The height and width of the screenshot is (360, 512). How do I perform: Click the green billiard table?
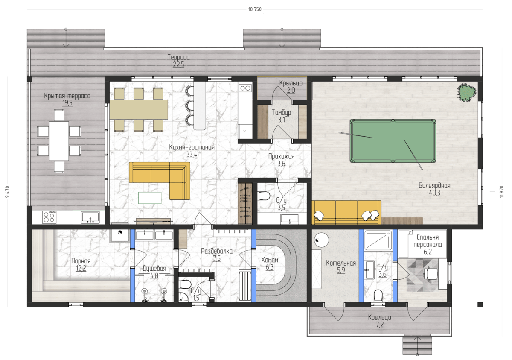click(x=393, y=140)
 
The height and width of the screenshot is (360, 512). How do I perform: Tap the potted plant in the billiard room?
click(x=466, y=92)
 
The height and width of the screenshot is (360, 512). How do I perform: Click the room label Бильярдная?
click(x=434, y=185)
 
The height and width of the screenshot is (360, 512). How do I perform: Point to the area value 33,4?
click(x=192, y=155)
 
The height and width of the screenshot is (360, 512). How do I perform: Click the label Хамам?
click(x=270, y=260)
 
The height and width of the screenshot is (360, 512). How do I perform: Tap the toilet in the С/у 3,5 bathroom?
click(x=264, y=196)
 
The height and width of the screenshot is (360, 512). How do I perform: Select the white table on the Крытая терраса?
click(x=59, y=141)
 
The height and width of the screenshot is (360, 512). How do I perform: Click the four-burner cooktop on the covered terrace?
click(x=49, y=217)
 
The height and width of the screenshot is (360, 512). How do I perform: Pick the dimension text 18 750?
click(x=255, y=9)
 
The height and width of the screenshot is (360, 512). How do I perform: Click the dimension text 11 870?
click(x=501, y=192)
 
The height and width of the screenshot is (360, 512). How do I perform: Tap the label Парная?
click(x=81, y=261)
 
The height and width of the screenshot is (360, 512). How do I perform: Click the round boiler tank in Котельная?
click(x=321, y=240)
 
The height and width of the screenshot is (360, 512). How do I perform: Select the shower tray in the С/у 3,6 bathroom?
click(x=378, y=240)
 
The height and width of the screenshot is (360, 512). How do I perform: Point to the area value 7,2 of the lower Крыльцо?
click(x=380, y=325)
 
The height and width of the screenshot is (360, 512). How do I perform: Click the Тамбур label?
click(x=281, y=113)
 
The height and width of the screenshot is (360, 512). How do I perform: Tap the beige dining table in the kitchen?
click(x=139, y=109)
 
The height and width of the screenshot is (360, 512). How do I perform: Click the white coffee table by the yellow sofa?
click(x=150, y=198)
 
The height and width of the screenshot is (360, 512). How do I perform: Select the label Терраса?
click(x=178, y=57)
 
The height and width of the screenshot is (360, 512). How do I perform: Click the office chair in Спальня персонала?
click(x=431, y=274)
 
